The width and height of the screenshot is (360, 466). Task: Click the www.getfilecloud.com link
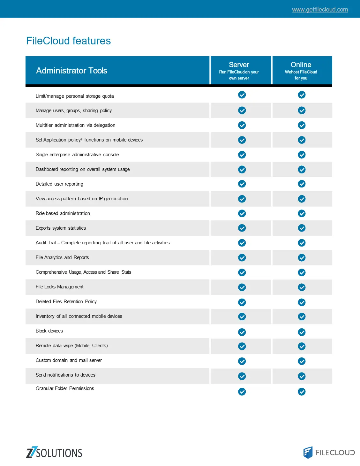320,10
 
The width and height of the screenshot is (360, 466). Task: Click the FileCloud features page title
68,41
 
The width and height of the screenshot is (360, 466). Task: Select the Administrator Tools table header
71,71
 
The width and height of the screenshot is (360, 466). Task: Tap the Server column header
239,65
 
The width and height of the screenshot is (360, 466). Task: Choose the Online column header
301,65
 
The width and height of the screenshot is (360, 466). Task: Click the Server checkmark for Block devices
242,332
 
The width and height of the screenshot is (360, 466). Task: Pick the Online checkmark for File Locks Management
302,287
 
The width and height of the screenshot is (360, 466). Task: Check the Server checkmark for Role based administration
242,213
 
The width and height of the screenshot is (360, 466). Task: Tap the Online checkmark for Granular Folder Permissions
302,392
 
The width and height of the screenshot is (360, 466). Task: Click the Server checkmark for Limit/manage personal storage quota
242,95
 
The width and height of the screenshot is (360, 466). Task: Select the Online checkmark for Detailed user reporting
302,184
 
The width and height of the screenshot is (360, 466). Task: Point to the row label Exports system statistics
61,228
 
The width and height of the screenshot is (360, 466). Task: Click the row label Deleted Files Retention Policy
66,302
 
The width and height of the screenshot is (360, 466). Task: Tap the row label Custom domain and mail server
69,360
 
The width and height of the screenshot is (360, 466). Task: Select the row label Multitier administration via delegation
75,125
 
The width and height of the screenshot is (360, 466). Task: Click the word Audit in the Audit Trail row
41,243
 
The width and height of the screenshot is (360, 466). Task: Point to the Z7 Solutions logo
54,453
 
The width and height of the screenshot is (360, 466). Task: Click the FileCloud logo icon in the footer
308,452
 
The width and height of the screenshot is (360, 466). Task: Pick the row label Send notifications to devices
65,375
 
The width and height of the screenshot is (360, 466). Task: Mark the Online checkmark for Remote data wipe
302,346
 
